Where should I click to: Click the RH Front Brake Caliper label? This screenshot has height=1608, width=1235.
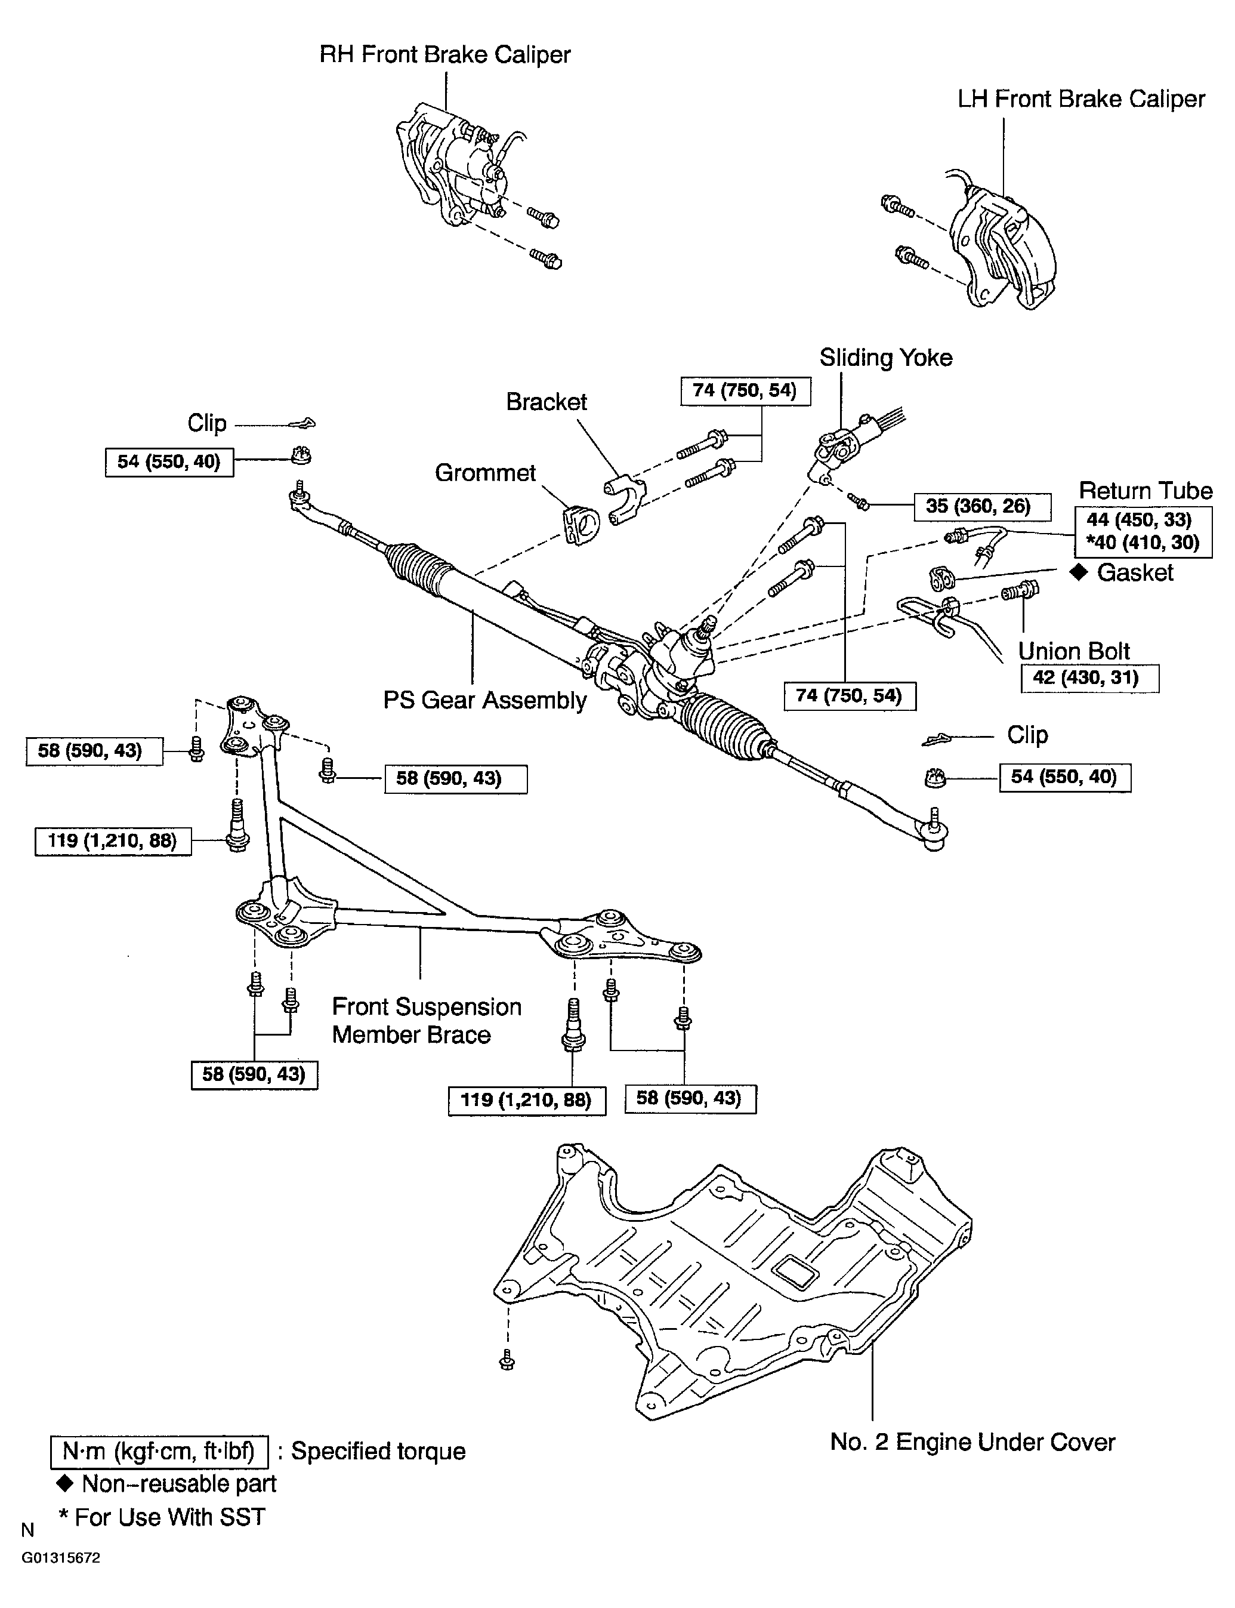(444, 55)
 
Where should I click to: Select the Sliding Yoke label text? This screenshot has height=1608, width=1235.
(885, 358)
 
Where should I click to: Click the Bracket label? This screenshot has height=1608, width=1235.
(546, 402)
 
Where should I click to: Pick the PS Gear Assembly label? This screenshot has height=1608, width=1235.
(484, 700)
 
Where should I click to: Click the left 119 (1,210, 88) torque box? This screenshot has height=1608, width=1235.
(113, 840)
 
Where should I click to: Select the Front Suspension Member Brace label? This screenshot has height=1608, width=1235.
(427, 1021)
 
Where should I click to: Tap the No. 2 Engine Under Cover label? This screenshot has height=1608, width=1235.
(972, 1442)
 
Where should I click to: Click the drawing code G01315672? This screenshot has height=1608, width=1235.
(60, 1558)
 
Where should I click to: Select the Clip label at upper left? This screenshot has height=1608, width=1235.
(206, 424)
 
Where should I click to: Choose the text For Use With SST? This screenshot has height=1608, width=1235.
(169, 1517)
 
